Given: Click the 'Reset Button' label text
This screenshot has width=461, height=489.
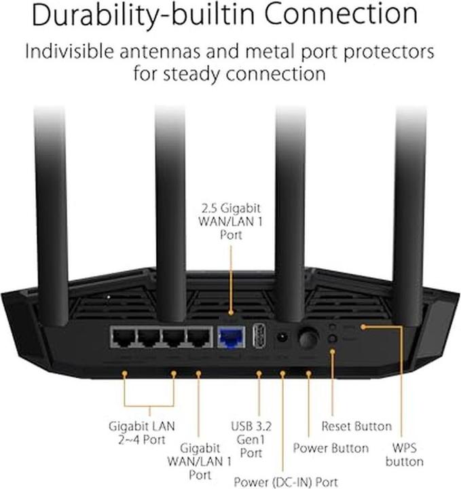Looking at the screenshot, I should [356, 427].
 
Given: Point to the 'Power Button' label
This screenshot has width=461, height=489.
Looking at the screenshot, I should [331, 448].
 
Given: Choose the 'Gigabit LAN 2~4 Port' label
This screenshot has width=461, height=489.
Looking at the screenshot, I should [142, 433].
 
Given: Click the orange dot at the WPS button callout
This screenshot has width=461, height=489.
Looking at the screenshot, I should [364, 327].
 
